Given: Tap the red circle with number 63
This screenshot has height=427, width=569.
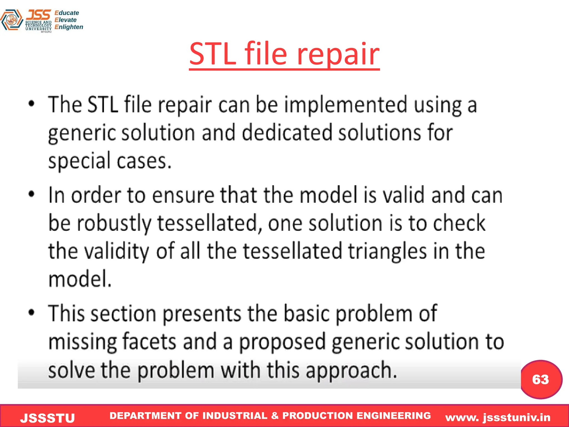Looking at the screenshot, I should (541, 379).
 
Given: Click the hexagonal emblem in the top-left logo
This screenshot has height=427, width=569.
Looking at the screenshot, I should (11, 20).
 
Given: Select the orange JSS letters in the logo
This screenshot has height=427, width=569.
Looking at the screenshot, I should (39, 14).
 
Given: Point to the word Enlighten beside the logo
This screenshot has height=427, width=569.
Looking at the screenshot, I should (69, 27).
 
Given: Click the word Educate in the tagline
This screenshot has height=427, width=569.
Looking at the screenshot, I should (67, 13).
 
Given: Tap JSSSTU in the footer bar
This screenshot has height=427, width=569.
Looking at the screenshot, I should (48, 418).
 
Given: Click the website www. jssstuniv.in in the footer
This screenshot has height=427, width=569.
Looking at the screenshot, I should (498, 417).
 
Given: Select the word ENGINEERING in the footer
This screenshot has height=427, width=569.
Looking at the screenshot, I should (393, 415).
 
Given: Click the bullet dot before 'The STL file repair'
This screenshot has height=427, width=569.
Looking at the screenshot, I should (32, 103).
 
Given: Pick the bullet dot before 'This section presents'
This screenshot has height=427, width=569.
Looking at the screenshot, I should (32, 312).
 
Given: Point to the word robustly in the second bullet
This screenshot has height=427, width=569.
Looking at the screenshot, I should (114, 223).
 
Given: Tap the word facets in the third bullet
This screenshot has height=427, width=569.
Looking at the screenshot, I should (149, 342).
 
